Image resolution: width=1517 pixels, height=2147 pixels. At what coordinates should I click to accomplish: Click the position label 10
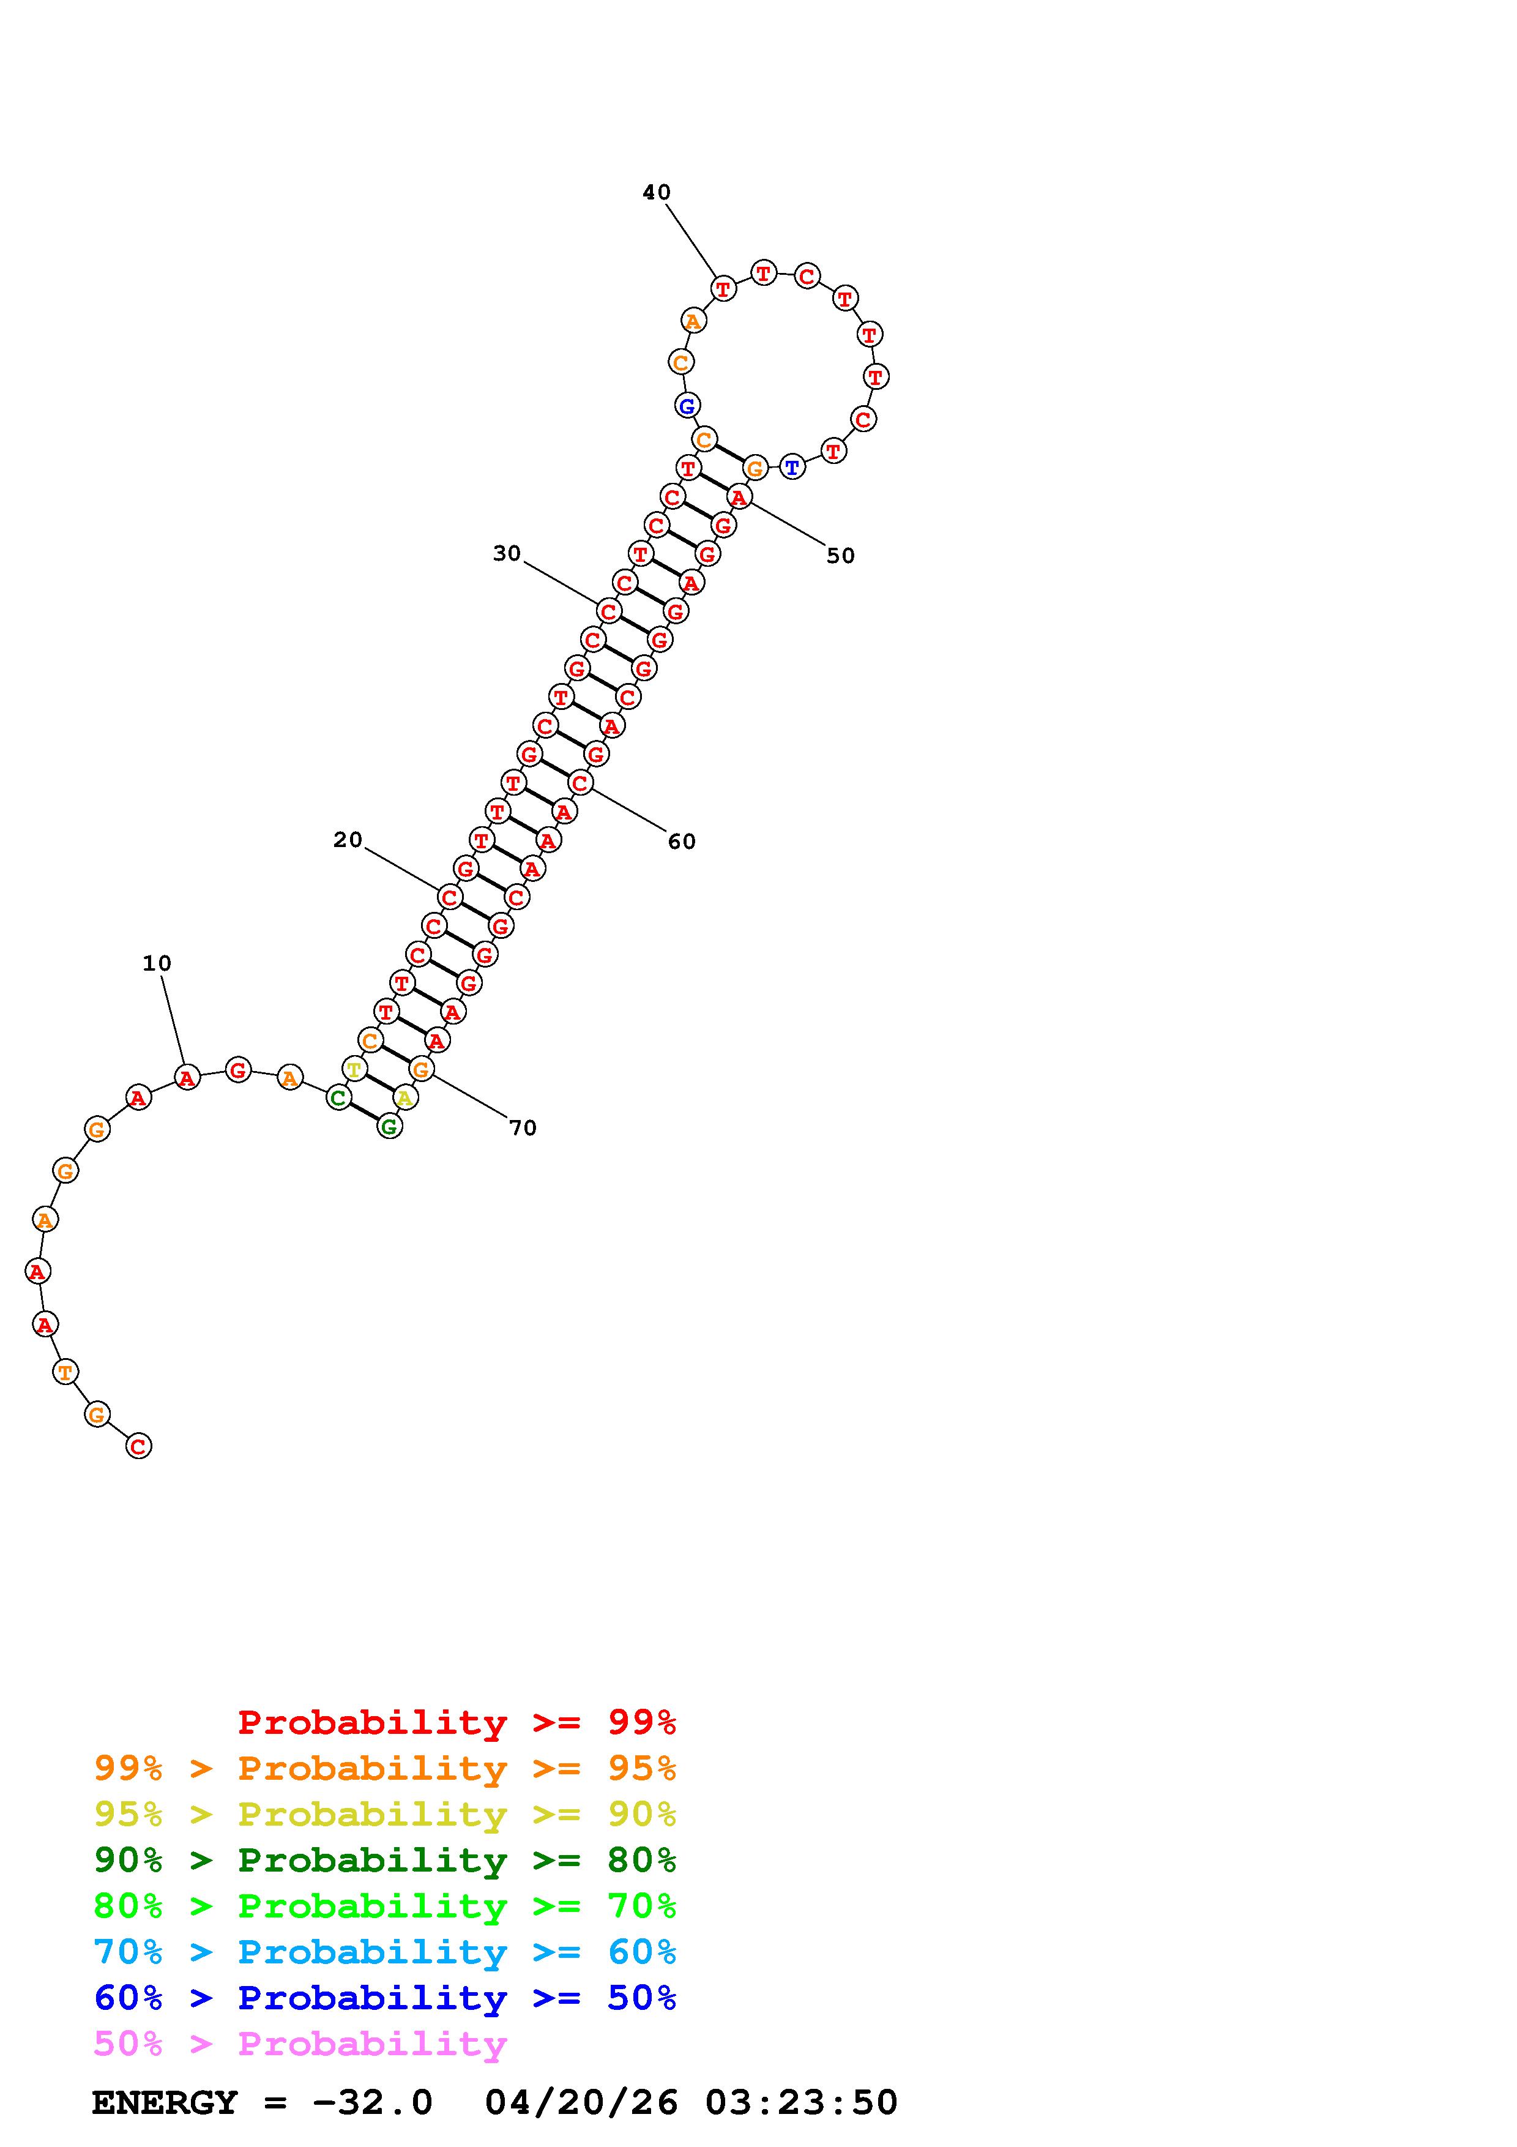click(x=157, y=963)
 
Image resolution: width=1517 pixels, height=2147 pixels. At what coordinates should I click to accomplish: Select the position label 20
click(x=348, y=840)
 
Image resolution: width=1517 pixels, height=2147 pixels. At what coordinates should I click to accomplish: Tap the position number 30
click(x=507, y=554)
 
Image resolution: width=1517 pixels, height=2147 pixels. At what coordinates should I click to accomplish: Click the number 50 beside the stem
click(x=840, y=556)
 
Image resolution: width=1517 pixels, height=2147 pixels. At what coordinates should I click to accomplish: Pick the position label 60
click(x=681, y=842)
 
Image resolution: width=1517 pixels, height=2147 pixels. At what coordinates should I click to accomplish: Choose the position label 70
click(x=523, y=1128)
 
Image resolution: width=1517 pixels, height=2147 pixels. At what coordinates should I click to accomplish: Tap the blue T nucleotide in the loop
click(x=792, y=466)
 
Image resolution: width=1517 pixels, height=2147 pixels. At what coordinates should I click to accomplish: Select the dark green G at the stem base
click(x=389, y=1127)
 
